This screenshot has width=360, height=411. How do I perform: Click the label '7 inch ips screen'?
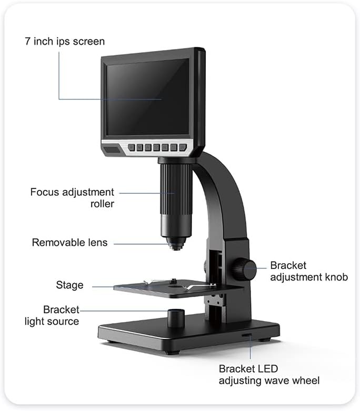pyautogui.click(x=65, y=42)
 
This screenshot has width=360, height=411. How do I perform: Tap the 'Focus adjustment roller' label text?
pyautogui.click(x=72, y=198)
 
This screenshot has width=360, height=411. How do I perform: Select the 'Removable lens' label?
pyautogui.click(x=69, y=243)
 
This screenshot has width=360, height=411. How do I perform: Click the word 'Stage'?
pyautogui.click(x=69, y=285)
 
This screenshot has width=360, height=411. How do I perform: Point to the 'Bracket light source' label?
pyautogui.click(x=52, y=316)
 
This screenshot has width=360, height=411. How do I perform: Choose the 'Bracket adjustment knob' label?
pyautogui.click(x=309, y=272)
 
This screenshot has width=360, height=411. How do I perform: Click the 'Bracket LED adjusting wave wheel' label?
pyautogui.click(x=269, y=375)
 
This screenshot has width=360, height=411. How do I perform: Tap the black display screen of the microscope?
pyautogui.click(x=147, y=97)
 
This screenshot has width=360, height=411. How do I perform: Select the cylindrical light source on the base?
pyautogui.click(x=176, y=318)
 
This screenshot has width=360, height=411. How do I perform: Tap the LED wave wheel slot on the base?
pyautogui.click(x=247, y=335)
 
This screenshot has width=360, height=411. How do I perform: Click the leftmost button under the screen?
pyautogui.click(x=132, y=147)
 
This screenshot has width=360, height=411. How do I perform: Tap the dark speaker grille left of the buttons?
pyautogui.click(x=112, y=150)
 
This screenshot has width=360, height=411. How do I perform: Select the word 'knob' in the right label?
pyautogui.click(x=336, y=277)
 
